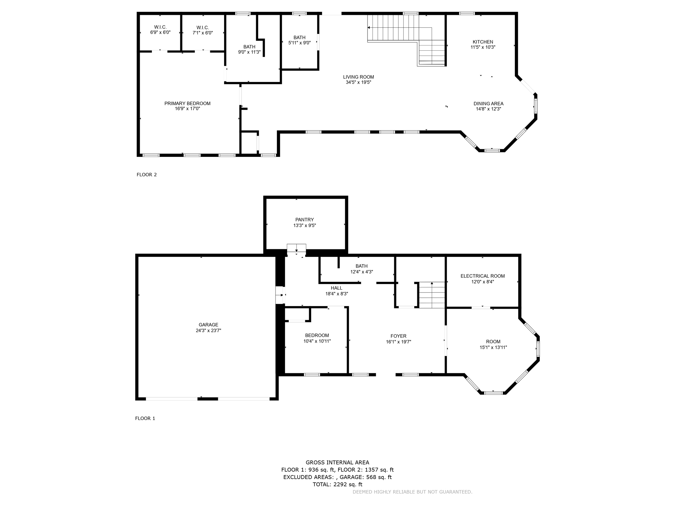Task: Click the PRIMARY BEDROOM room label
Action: (187, 103)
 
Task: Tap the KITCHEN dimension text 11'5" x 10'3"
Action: (483, 47)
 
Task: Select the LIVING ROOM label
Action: (358, 77)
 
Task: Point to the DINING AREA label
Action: (488, 103)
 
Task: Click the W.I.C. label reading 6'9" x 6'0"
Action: (160, 27)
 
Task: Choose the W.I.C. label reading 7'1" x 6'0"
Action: (203, 28)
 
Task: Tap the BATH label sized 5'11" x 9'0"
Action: (299, 38)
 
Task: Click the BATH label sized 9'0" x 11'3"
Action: (249, 47)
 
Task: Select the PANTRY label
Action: (305, 220)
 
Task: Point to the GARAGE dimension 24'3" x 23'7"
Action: (208, 330)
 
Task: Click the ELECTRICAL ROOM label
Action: (483, 276)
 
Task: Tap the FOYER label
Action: (398, 336)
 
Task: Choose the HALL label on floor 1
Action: (337, 288)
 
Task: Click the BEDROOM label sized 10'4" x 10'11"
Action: (317, 335)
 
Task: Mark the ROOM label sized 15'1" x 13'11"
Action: (493, 342)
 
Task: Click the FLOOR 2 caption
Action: (147, 175)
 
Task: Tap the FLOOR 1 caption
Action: (145, 418)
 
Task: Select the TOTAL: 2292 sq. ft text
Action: (337, 484)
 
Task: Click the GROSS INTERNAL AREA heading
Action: (337, 463)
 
